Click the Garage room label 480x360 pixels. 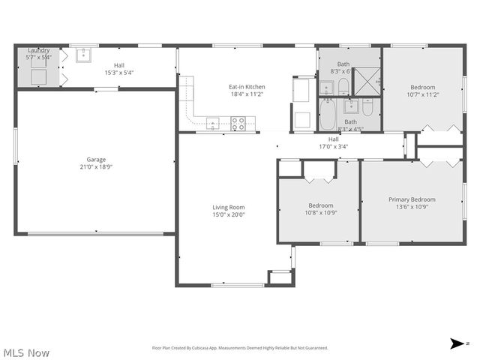pos(96,160)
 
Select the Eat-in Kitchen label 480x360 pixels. pos(247,87)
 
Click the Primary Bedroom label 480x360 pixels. pos(412,199)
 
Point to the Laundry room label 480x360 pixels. pos(38,50)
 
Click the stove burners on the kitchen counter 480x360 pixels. pos(238,123)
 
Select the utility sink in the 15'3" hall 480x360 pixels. pos(82,55)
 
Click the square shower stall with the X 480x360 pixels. pos(366,81)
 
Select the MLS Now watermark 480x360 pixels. pos(26,352)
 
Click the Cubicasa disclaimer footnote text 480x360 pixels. pos(240,348)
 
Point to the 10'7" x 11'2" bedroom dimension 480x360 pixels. pos(422,95)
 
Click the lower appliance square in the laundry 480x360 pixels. pos(38,76)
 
